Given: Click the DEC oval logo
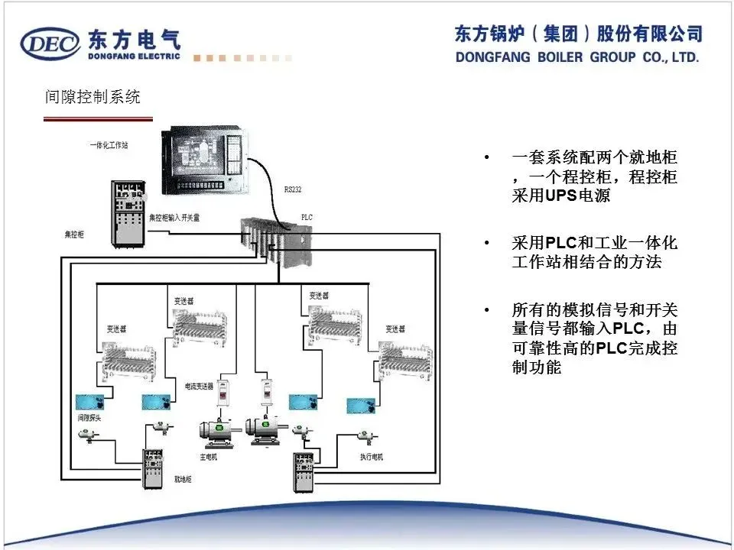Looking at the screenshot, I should (x=50, y=44).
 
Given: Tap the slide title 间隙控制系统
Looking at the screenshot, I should (x=93, y=98).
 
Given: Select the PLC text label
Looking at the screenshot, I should (x=307, y=217).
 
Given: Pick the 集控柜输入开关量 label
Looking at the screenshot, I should (x=174, y=217).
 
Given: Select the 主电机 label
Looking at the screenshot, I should (x=208, y=457).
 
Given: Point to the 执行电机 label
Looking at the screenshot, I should (x=371, y=457).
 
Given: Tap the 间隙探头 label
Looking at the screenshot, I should (x=89, y=418).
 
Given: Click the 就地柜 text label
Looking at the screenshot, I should (x=182, y=480).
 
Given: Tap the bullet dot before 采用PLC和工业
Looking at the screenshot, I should (x=486, y=244).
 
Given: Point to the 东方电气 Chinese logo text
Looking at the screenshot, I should (x=135, y=38).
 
